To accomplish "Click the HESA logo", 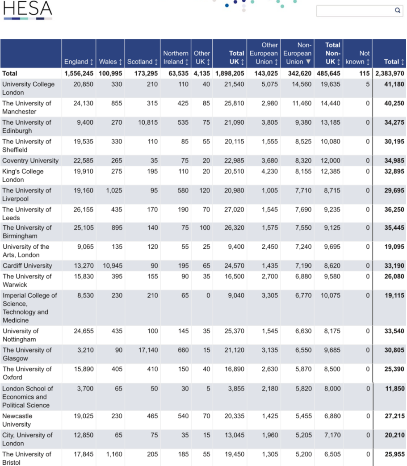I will click(28, 10).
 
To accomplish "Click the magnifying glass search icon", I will click(397, 11).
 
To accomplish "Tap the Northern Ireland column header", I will click(176, 58).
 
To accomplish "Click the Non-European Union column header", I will click(297, 54).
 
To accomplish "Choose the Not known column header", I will click(358, 58).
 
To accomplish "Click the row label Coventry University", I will click(30, 160).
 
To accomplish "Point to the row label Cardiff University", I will click(27, 265).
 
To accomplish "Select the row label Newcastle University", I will click(17, 420).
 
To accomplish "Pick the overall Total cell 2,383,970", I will click(389, 73).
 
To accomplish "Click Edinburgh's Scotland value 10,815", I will click(148, 122).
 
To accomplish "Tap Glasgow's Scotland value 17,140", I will click(148, 350).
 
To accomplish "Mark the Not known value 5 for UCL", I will click(367, 84).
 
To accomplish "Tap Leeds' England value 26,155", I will click(84, 210).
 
